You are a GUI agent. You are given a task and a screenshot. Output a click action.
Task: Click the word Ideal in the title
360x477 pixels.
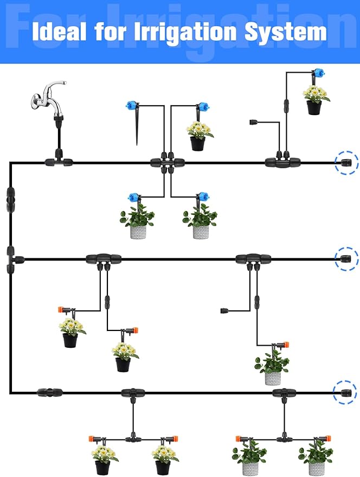pyautogui.click(x=60, y=31)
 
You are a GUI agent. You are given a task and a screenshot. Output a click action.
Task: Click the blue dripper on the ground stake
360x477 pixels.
pyautogui.click(x=130, y=106)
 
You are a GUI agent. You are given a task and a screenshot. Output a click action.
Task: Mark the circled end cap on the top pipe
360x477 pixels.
pyautogui.click(x=346, y=162)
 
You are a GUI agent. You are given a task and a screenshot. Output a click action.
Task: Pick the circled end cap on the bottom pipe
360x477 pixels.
pyautogui.click(x=345, y=392)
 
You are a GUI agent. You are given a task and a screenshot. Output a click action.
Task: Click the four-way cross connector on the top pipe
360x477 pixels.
pyautogui.click(x=167, y=162)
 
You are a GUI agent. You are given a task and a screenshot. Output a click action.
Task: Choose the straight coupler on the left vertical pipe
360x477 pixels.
pyautogui.click(x=10, y=199)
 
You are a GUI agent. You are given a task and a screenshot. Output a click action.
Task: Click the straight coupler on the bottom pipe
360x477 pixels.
pyautogui.click(x=49, y=392)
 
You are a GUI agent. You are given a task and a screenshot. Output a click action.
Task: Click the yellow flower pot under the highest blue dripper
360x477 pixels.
pyautogui.click(x=315, y=100)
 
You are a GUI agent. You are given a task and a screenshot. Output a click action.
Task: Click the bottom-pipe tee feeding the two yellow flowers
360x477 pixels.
pyautogui.click(x=133, y=392)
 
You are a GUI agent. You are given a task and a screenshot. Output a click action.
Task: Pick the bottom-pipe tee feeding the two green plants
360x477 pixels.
pyautogui.click(x=284, y=392)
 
